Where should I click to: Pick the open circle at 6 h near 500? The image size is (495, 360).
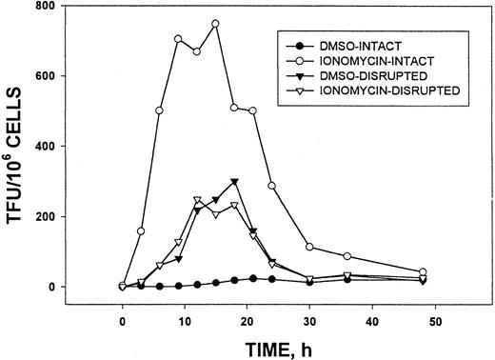159,110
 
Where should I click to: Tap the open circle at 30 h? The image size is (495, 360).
310,247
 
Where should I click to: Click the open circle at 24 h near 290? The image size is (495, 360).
272,186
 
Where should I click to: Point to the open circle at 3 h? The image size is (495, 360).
141,231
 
